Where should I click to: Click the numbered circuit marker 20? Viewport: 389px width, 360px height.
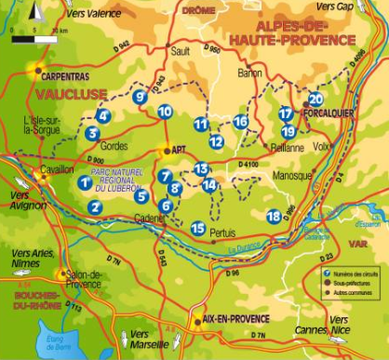pyautogui.click(x=315, y=99)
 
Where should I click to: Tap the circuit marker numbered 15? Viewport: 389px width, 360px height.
pyautogui.click(x=197, y=228)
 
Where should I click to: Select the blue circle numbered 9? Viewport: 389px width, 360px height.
pyautogui.click(x=140, y=96)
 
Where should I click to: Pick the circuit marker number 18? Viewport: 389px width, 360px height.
pyautogui.click(x=273, y=216)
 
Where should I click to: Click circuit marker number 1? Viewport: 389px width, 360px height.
pyautogui.click(x=86, y=182)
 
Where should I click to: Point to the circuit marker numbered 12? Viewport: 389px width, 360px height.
pyautogui.click(x=216, y=141)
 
